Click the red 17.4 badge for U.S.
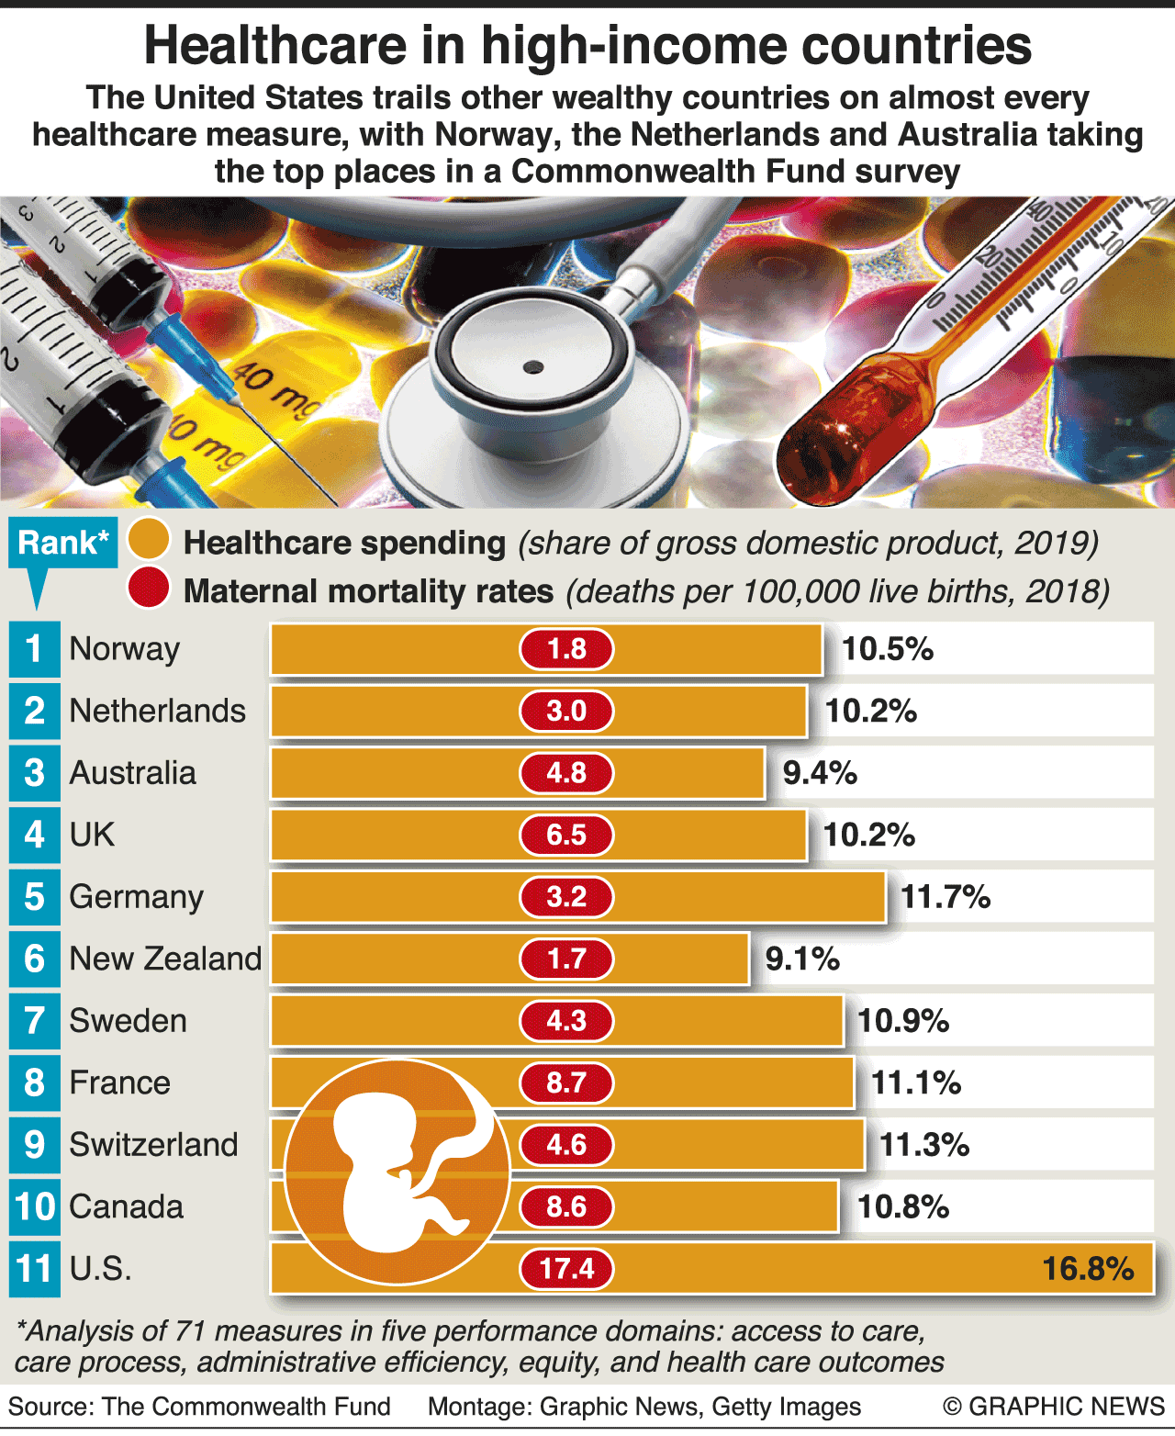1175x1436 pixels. point(566,1269)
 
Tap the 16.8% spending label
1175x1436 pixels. point(1088,1269)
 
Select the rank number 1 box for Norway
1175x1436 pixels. point(35,649)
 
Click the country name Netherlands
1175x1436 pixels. point(157,712)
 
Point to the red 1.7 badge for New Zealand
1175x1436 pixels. point(566,959)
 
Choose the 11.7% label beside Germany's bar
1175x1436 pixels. point(946,897)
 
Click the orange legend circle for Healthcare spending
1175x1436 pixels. point(149,540)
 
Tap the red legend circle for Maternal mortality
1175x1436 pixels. point(149,589)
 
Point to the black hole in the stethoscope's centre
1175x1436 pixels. point(533,368)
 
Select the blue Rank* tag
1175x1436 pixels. point(62,544)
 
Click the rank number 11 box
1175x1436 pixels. point(35,1269)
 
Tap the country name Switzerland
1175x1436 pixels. point(153,1145)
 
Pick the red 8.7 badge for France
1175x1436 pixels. point(566,1083)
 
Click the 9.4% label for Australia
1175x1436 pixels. point(820,773)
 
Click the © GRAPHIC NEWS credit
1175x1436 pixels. point(1053,1407)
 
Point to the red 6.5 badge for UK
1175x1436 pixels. point(566,836)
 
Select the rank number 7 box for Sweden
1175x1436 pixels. point(35,1021)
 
